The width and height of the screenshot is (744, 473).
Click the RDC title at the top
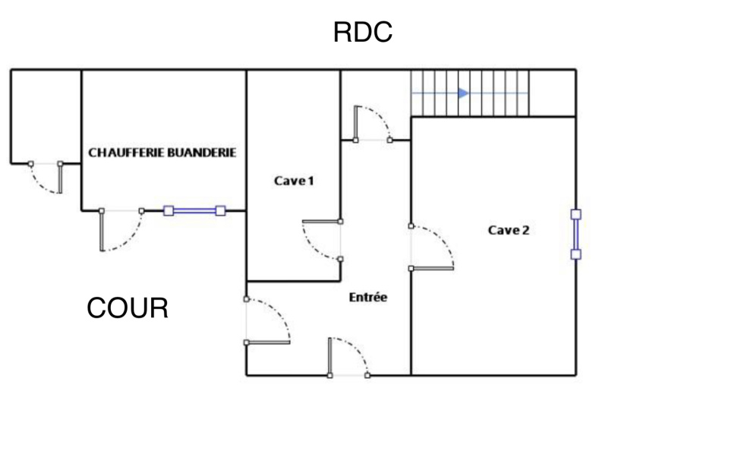point(362,33)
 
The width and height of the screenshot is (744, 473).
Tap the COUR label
point(127,308)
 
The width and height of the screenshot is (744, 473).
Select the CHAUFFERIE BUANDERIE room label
point(162,153)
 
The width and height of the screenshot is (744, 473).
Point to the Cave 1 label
point(294,181)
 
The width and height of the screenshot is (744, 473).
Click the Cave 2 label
point(508,230)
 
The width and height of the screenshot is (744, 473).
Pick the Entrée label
point(367,298)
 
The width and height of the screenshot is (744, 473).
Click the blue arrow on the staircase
point(463,93)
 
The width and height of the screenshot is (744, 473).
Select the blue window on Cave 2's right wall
point(575,234)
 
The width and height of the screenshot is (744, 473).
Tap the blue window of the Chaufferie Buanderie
point(194,211)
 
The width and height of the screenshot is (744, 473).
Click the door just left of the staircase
point(371,124)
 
